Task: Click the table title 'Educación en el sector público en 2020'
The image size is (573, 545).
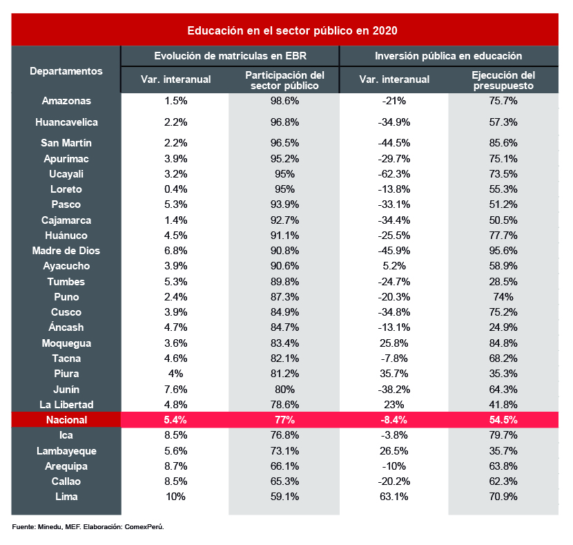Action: pyautogui.click(x=293, y=31)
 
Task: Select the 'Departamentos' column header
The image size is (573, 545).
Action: pyautogui.click(x=66, y=70)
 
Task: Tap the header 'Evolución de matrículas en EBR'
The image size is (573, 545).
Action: pyautogui.click(x=230, y=55)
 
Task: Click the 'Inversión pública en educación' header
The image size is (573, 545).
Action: pyautogui.click(x=448, y=55)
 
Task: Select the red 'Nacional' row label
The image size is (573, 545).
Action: pyautogui.click(x=66, y=419)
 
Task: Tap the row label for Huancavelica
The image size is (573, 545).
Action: pyautogui.click(x=66, y=122)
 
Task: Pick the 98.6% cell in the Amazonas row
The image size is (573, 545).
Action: pyautogui.click(x=284, y=101)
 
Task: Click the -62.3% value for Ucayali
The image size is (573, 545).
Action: pyautogui.click(x=394, y=174)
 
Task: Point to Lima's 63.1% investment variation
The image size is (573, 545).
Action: pyautogui.click(x=394, y=497)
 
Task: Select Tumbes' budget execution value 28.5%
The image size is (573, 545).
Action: pyautogui.click(x=503, y=281)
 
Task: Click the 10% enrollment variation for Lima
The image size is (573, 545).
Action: pyautogui.click(x=175, y=497)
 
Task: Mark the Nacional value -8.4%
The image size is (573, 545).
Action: pyautogui.click(x=394, y=419)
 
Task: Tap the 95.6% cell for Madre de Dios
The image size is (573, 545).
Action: pyautogui.click(x=503, y=251)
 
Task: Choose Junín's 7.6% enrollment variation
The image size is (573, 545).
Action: pyautogui.click(x=175, y=389)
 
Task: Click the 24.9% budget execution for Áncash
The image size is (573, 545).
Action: pyautogui.click(x=503, y=327)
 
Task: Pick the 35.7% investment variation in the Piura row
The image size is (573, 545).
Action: pyautogui.click(x=394, y=374)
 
